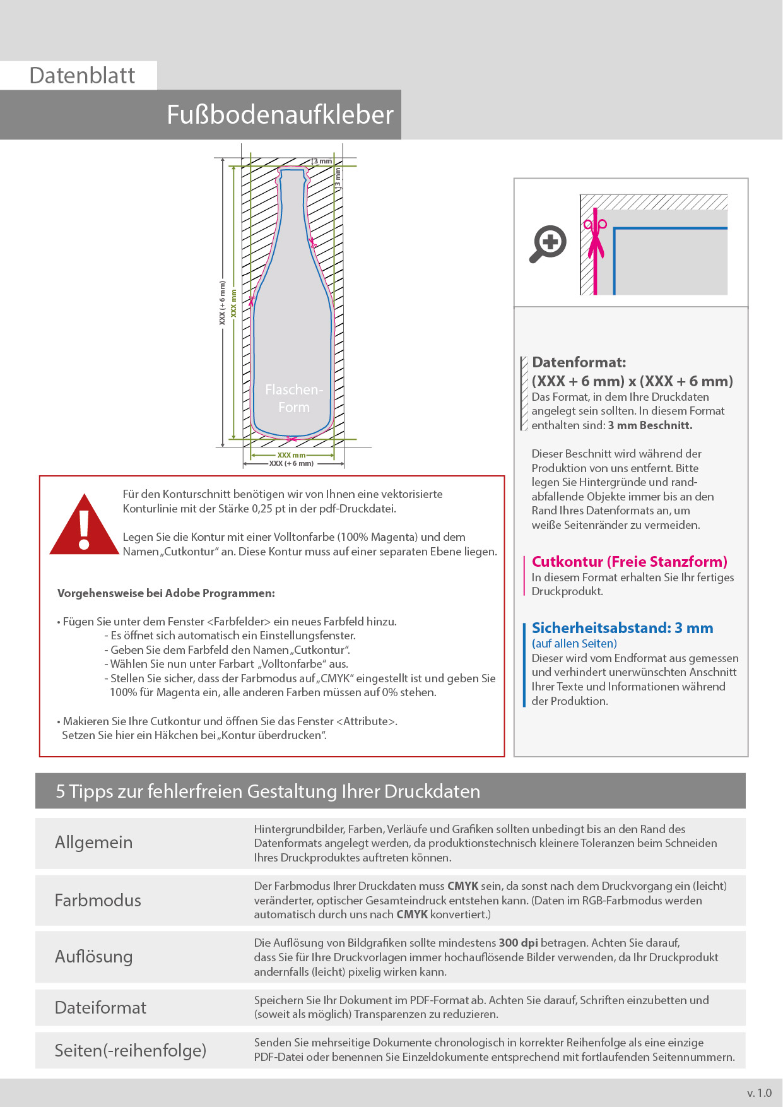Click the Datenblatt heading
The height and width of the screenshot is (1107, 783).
(x=82, y=76)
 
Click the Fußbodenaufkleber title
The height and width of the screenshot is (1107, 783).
(x=280, y=115)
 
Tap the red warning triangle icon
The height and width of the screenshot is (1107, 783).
(x=84, y=526)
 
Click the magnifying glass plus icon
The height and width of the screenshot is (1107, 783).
(x=548, y=243)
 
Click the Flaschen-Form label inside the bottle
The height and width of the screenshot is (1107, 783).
(x=294, y=398)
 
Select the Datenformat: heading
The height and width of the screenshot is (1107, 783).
(x=579, y=362)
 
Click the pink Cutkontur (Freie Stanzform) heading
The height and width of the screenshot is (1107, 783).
(x=629, y=562)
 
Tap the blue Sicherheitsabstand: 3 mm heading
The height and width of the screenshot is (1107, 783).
(x=622, y=628)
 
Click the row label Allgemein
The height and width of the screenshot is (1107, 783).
(x=93, y=843)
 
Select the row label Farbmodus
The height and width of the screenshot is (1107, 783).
(x=98, y=900)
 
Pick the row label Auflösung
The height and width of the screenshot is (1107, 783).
(x=93, y=957)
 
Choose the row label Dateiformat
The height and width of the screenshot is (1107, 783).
(x=100, y=1007)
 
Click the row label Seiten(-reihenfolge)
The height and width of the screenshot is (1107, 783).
(x=131, y=1050)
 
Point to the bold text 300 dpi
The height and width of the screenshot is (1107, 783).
(x=518, y=943)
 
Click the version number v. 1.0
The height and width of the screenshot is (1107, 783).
(x=759, y=1092)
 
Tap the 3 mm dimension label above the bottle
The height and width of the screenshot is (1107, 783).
(x=322, y=162)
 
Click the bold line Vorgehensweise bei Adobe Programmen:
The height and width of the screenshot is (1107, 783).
(x=166, y=593)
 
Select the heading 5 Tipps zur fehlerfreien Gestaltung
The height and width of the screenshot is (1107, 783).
(x=268, y=791)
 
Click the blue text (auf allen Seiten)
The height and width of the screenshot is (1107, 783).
(x=574, y=644)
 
